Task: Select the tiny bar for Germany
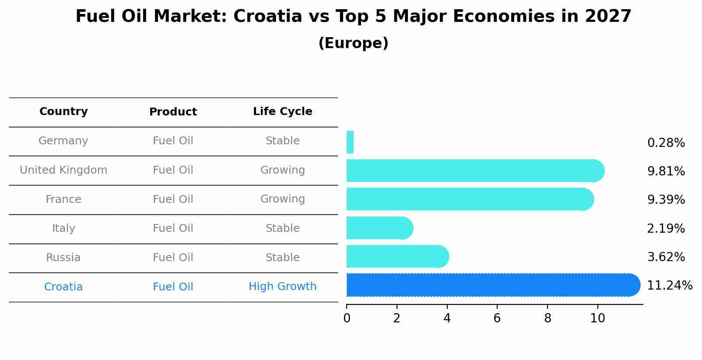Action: [x=350, y=142]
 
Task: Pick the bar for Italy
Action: [x=379, y=228]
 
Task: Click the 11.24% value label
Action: [x=670, y=286]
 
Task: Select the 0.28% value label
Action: [x=666, y=143]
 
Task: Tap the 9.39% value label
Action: [x=666, y=200]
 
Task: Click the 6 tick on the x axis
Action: [x=497, y=318]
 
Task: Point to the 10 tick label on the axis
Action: [x=597, y=318]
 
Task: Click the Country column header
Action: [x=63, y=112]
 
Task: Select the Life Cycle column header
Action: [x=282, y=112]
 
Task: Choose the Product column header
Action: [x=173, y=112]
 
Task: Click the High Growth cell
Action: [x=282, y=287]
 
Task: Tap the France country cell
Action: [x=63, y=199]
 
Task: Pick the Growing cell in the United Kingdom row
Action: [x=282, y=170]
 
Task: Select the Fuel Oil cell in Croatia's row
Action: [x=173, y=287]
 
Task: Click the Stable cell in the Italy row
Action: [x=282, y=228]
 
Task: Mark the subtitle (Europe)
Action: [x=353, y=43]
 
